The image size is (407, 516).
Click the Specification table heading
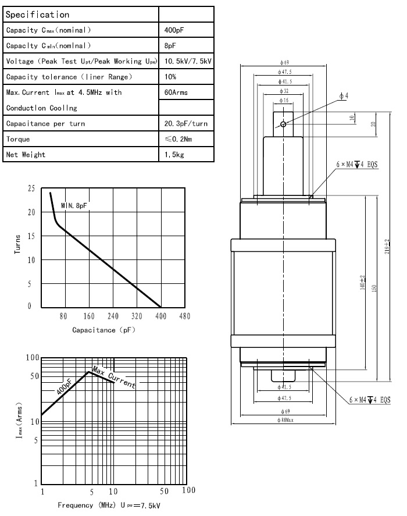37,15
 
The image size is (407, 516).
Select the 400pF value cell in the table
174,30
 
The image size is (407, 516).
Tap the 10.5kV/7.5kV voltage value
188,61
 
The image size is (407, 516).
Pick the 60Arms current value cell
177,92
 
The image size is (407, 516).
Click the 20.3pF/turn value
187,124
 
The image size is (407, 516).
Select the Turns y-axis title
17,244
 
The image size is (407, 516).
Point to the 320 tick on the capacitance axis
136,317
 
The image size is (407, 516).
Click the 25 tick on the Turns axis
30,188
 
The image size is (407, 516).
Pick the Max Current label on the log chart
115,379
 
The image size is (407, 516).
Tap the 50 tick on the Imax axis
34,376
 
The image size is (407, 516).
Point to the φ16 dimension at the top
284,101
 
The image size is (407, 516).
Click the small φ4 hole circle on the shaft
283,124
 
